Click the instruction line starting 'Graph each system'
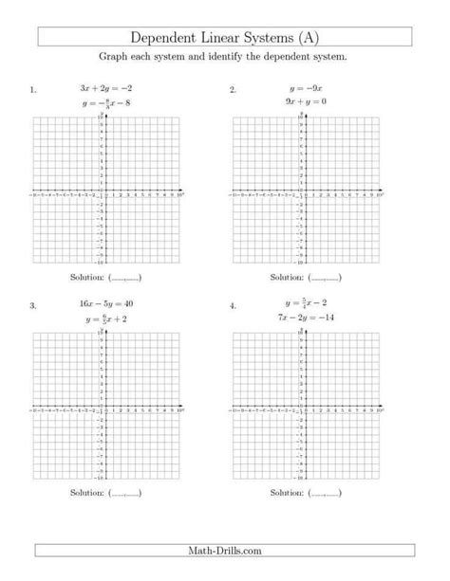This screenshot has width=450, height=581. (225, 58)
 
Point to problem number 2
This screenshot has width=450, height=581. (233, 90)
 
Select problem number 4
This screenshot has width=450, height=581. (233, 307)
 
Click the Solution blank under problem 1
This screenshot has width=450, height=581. (124, 278)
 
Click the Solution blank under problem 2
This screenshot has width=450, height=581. (324, 278)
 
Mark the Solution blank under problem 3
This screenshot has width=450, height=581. (124, 494)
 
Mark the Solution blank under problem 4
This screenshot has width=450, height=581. (324, 494)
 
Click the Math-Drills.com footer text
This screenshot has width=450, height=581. (225, 551)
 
